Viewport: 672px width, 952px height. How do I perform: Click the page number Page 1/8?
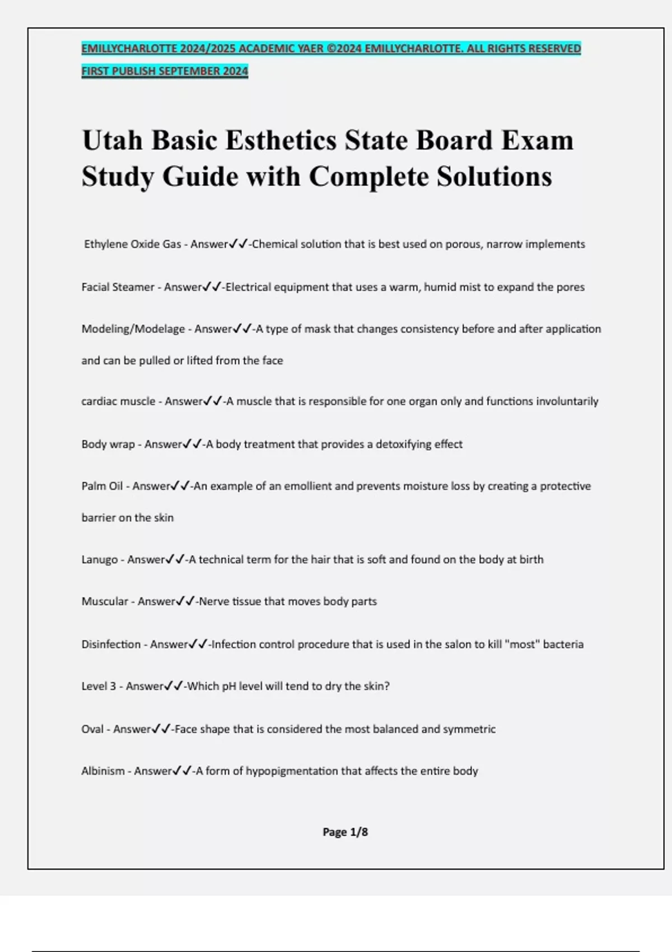click(345, 832)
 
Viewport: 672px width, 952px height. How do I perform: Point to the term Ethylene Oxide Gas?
click(133, 244)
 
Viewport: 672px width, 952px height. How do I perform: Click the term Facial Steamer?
click(118, 287)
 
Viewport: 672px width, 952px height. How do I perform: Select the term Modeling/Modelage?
click(133, 329)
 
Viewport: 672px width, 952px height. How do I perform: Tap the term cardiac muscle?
click(118, 402)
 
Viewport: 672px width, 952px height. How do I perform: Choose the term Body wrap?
click(108, 445)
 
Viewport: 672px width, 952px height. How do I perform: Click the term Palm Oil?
click(102, 486)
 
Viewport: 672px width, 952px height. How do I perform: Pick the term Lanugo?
click(100, 559)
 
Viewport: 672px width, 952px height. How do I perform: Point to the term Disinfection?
click(111, 645)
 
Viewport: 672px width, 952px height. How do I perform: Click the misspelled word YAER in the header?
click(310, 49)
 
